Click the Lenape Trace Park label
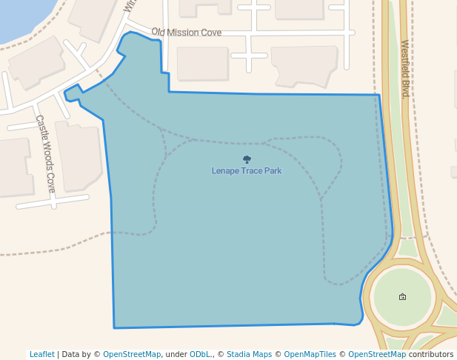[x=247, y=171]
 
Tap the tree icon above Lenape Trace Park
[x=247, y=159]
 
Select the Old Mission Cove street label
[x=187, y=33]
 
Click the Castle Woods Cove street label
[x=45, y=153]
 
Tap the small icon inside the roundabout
[x=402, y=296]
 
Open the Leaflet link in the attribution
[x=42, y=354]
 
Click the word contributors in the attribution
[x=431, y=354]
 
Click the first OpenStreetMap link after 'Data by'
[x=132, y=354]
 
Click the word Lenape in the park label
[x=225, y=171]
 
